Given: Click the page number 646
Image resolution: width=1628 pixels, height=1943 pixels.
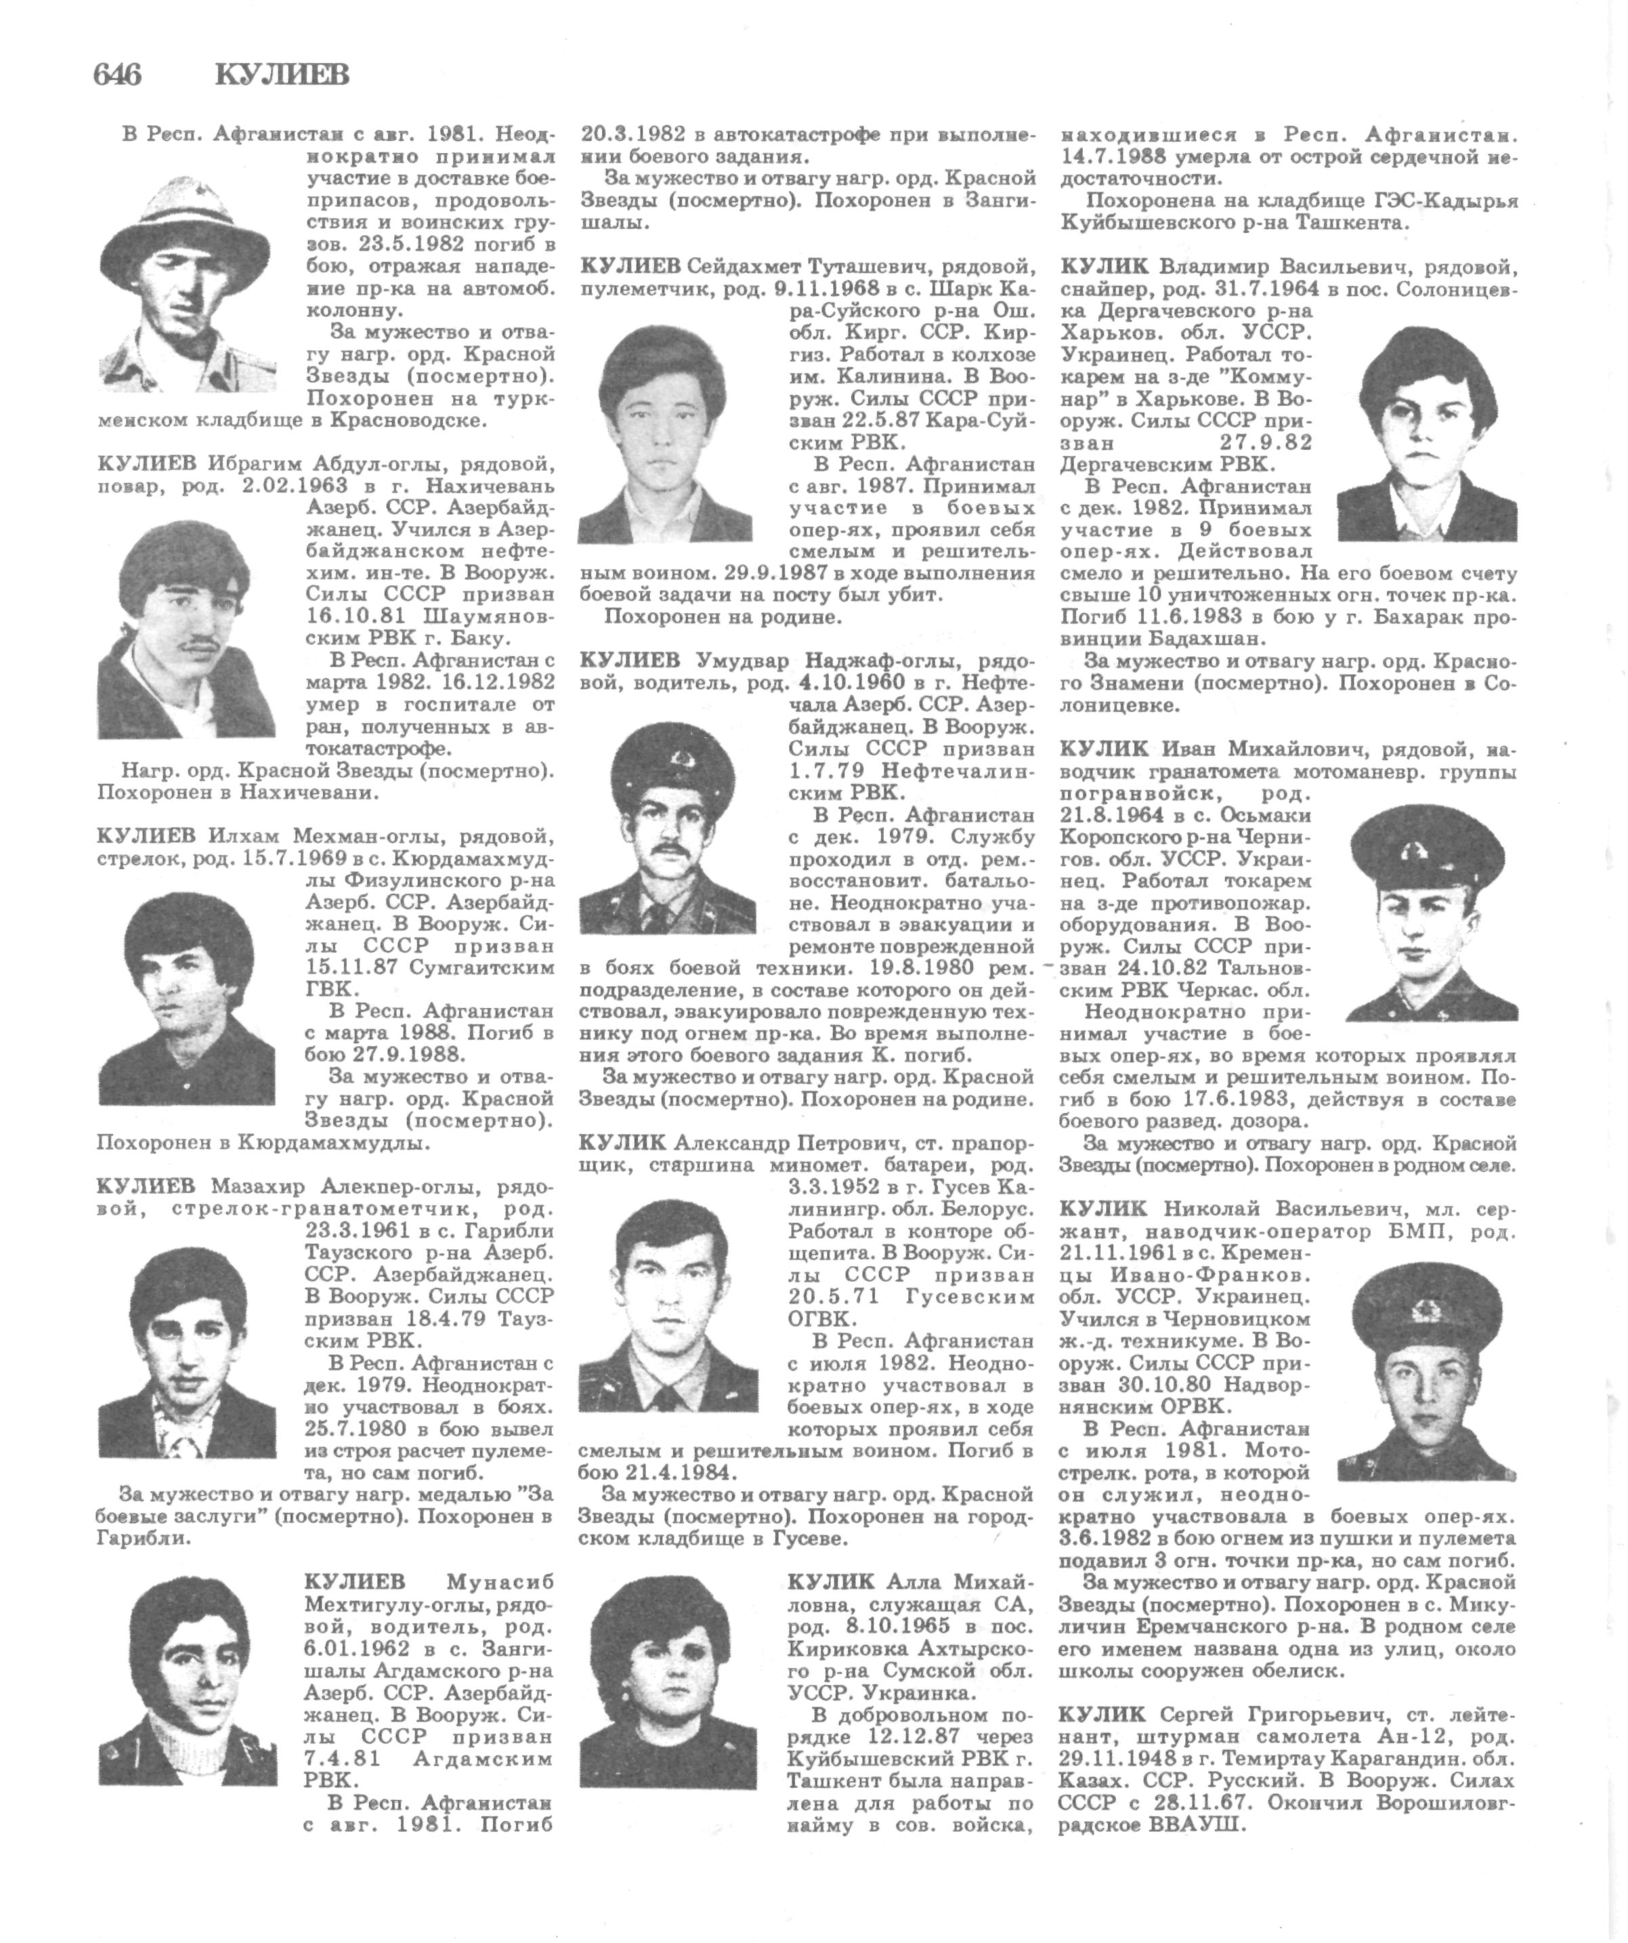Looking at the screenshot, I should [x=117, y=74].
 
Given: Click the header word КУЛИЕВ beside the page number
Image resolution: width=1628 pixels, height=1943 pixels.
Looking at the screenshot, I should [x=282, y=74].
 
